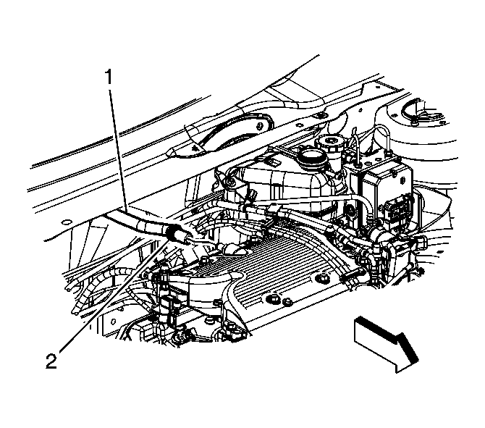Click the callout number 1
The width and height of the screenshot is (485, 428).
(x=109, y=77)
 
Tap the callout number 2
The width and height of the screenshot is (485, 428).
(x=51, y=361)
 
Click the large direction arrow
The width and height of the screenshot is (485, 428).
(x=386, y=343)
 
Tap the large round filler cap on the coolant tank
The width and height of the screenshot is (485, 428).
(x=312, y=156)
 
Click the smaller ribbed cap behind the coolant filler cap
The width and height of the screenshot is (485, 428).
(x=328, y=143)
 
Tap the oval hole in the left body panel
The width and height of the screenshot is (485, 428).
(x=66, y=222)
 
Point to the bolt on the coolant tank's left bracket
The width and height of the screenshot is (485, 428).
(x=230, y=182)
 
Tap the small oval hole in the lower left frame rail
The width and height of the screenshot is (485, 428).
(x=114, y=322)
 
